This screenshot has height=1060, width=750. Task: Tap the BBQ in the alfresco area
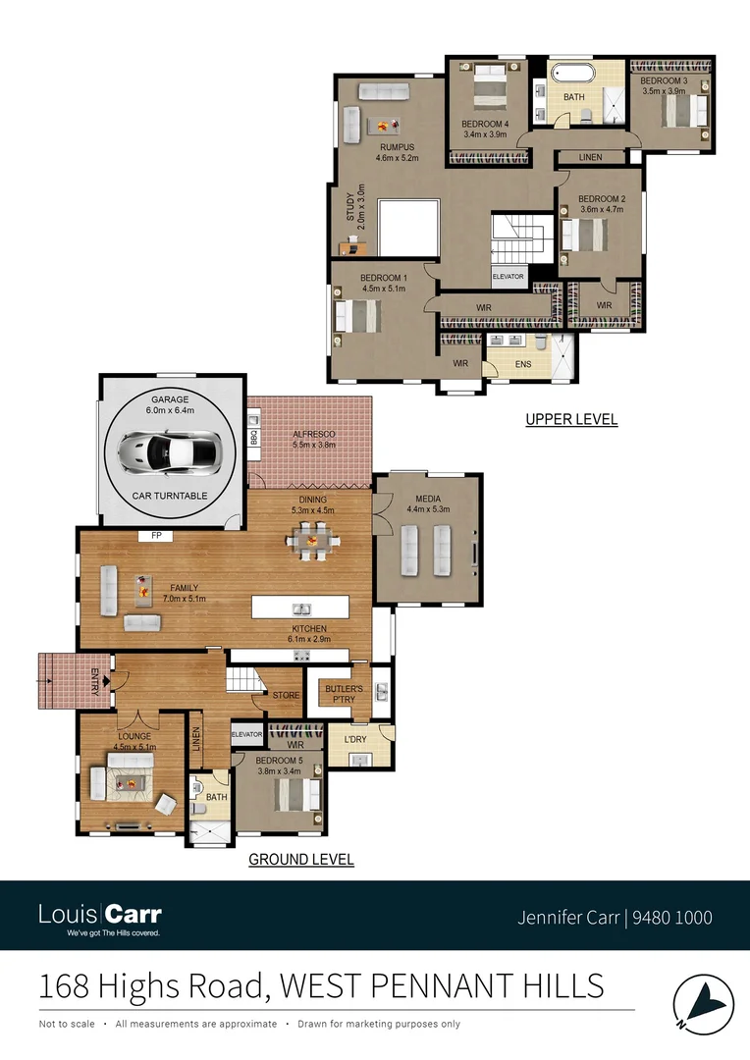[x=253, y=438]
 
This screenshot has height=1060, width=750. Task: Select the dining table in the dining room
[x=309, y=540]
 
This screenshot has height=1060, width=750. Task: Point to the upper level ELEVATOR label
[x=508, y=277]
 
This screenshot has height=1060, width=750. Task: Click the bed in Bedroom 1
[x=355, y=316]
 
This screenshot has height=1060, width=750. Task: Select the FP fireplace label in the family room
[x=155, y=536]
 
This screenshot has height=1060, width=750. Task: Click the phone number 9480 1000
[x=672, y=918]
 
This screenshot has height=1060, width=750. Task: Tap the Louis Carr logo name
[x=100, y=914]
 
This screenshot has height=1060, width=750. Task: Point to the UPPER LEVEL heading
[x=571, y=419]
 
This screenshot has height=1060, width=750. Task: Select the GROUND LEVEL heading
[x=300, y=860]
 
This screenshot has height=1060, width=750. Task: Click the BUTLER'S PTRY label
[x=345, y=693]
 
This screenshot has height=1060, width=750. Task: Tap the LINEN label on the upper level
[x=590, y=157]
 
